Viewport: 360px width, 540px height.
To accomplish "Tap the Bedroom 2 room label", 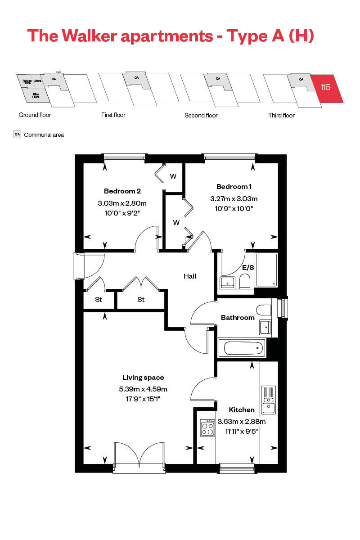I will click(122, 190).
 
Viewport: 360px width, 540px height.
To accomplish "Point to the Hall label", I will click(189, 276).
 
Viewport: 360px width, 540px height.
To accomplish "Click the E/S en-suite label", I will click(248, 267).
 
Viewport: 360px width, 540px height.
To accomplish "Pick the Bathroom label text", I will click(238, 318).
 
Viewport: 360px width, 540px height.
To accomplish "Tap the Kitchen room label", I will click(242, 410).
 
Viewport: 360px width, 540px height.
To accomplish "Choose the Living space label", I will click(143, 378).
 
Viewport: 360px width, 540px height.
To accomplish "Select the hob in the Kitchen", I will click(207, 427).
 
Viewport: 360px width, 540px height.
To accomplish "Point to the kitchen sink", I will click(269, 400).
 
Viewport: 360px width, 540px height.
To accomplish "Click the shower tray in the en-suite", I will click(266, 270).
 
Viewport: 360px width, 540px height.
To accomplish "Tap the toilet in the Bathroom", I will click(263, 310).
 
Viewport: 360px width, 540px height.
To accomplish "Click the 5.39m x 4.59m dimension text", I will click(143, 389).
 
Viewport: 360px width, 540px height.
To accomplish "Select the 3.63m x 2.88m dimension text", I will click(242, 422).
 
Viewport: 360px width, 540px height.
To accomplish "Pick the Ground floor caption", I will click(35, 115).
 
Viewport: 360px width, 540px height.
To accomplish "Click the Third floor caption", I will click(281, 116).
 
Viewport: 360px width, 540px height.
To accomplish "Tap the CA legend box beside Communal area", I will click(18, 135).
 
